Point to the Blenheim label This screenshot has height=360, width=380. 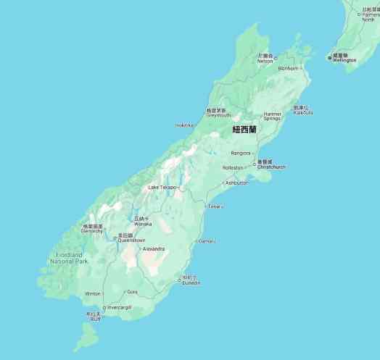[x=288, y=69]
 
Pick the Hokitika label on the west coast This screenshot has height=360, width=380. [x=185, y=125]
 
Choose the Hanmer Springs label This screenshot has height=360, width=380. [x=273, y=116]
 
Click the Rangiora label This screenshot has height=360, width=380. [x=240, y=153]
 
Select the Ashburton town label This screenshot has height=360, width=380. [x=236, y=183]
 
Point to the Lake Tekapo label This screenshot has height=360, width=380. [x=162, y=188]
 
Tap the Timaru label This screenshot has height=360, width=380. [x=215, y=206]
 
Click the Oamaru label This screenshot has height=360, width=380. [x=207, y=241]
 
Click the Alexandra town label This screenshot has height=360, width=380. [x=154, y=248]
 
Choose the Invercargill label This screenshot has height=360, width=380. [x=119, y=307]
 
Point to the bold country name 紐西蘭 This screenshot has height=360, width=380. [x=244, y=130]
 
